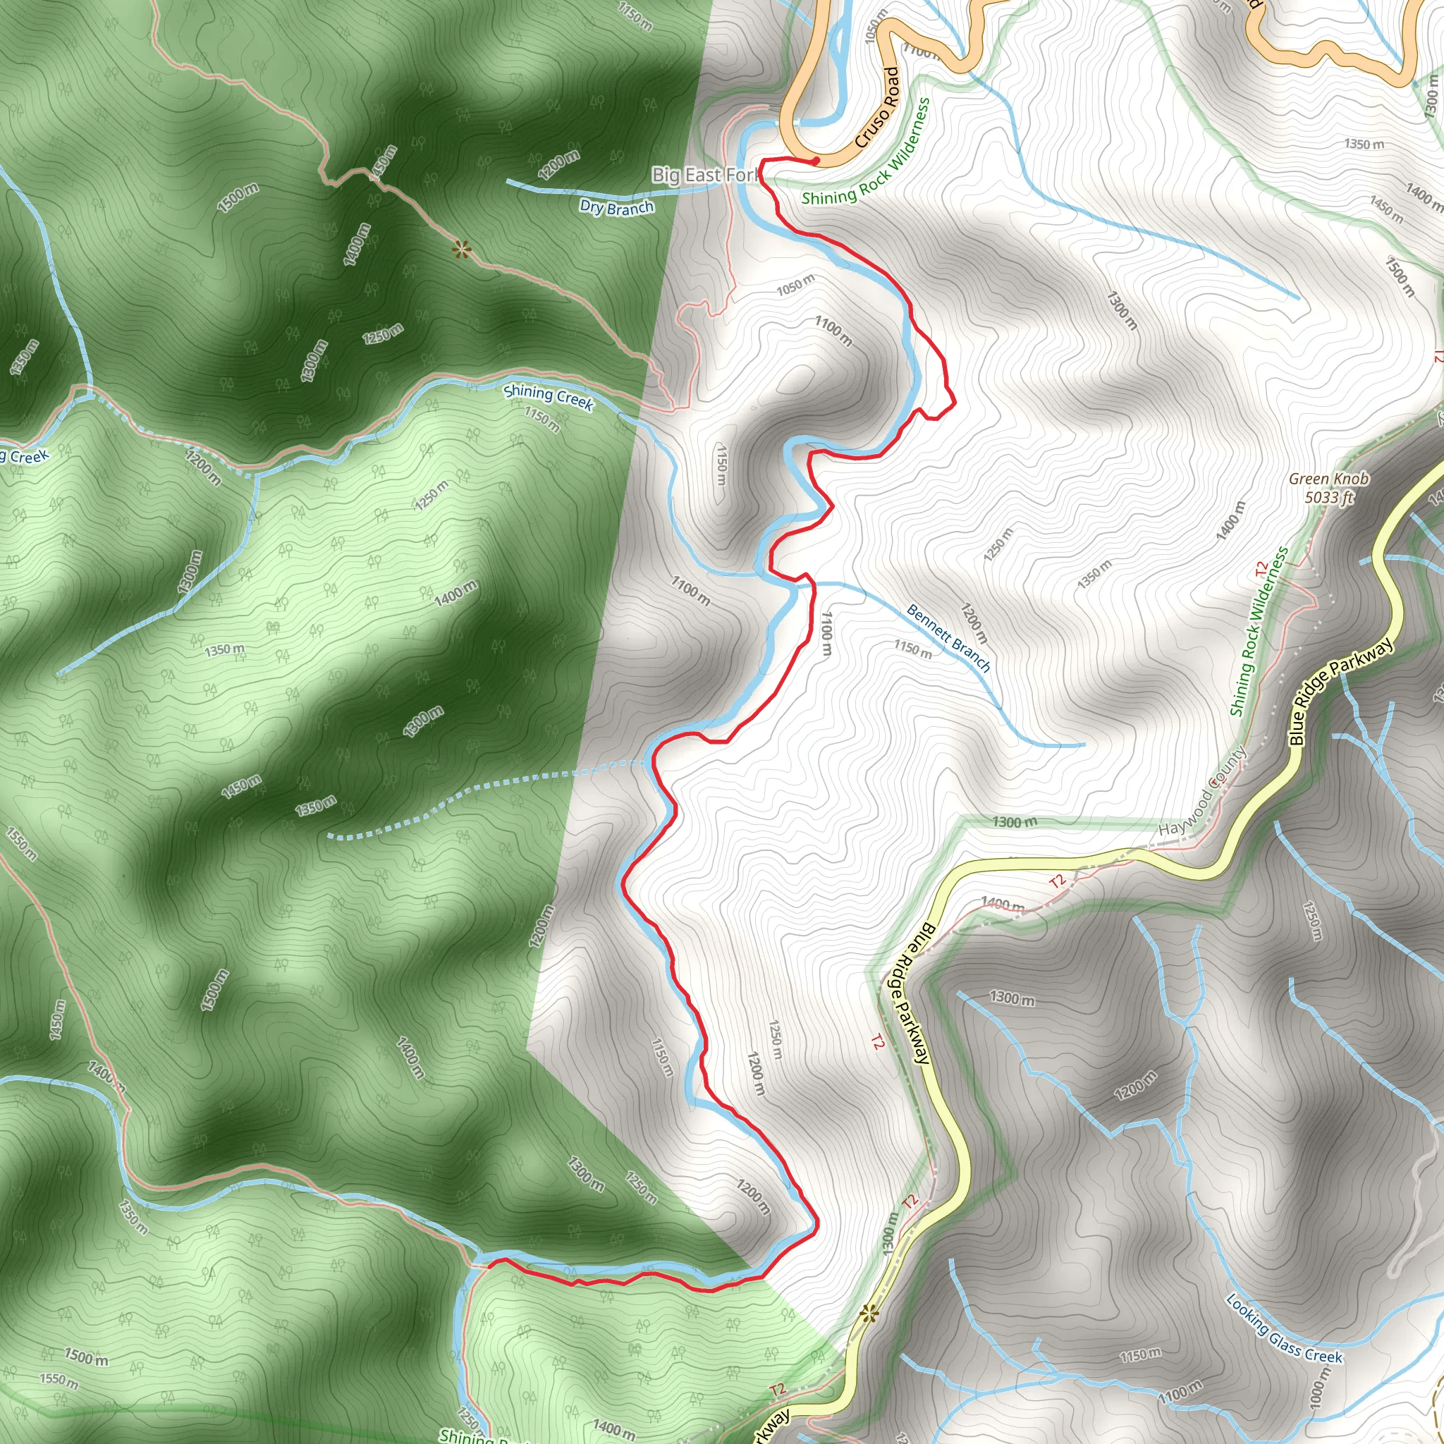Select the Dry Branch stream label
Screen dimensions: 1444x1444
point(617,207)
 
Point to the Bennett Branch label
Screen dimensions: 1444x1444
point(948,637)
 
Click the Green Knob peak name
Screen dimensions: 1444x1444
point(1329,479)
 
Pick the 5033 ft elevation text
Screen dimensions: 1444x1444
point(1329,498)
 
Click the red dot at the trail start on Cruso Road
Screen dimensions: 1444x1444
point(816,161)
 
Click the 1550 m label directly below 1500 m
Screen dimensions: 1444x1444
point(59,1380)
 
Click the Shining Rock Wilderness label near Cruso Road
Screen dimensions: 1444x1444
point(867,153)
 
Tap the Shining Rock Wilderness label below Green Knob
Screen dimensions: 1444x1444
point(1259,632)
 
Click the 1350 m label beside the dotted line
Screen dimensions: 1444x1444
point(315,807)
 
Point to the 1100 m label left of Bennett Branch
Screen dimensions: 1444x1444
point(826,634)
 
